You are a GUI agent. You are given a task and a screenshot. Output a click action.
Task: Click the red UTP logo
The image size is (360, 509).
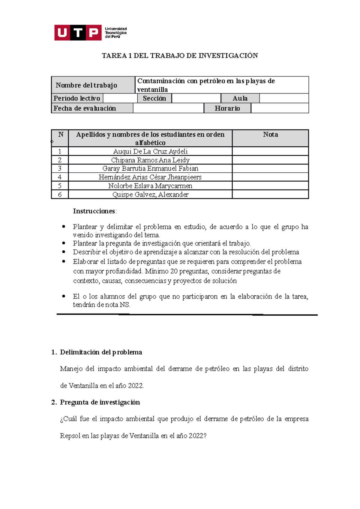[78, 33]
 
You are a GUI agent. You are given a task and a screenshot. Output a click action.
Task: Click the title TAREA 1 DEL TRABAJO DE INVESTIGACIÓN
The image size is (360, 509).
[180, 56]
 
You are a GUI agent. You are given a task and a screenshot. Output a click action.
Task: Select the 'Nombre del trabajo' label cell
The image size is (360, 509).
[86, 85]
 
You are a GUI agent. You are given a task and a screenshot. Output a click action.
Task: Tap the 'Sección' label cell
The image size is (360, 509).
[154, 98]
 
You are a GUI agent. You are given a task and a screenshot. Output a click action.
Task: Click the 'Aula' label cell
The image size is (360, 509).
[240, 98]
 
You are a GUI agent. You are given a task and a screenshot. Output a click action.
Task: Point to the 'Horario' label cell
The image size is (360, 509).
[227, 108]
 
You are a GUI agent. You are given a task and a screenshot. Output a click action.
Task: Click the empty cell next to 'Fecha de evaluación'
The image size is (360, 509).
[168, 108]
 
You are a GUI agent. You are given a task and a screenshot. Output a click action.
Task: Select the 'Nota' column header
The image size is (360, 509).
[270, 135]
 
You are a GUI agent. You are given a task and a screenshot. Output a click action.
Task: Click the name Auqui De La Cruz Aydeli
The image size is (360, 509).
[150, 151]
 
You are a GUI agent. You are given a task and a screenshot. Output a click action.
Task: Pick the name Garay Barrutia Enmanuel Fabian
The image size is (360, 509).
[150, 168]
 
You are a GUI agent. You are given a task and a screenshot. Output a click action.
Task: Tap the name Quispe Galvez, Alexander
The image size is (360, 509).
[150, 195]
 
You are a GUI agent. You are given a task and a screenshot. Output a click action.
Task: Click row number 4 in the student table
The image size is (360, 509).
[60, 177]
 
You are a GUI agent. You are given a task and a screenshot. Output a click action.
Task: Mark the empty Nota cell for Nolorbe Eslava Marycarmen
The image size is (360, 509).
[270, 186]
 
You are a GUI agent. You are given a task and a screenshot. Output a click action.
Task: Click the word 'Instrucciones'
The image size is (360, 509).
[94, 211]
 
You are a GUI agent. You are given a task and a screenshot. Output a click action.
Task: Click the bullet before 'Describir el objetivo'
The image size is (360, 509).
[64, 252]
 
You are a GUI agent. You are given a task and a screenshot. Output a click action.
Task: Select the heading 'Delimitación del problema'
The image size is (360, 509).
[101, 352]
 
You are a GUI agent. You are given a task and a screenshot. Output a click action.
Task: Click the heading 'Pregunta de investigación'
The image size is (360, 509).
[100, 402]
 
